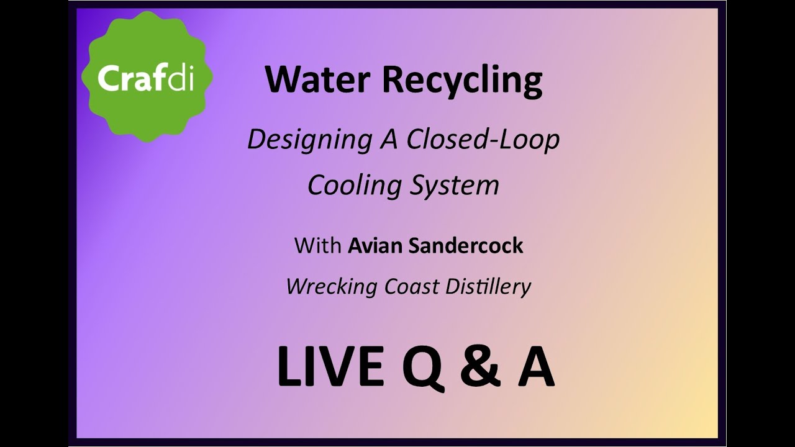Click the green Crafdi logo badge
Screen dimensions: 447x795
(147, 77)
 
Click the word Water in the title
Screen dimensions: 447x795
(319, 79)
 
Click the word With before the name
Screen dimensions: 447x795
(317, 246)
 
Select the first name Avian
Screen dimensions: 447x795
(375, 246)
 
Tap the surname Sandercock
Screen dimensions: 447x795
(466, 246)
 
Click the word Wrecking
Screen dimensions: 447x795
(332, 287)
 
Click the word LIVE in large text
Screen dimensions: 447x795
(330, 366)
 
